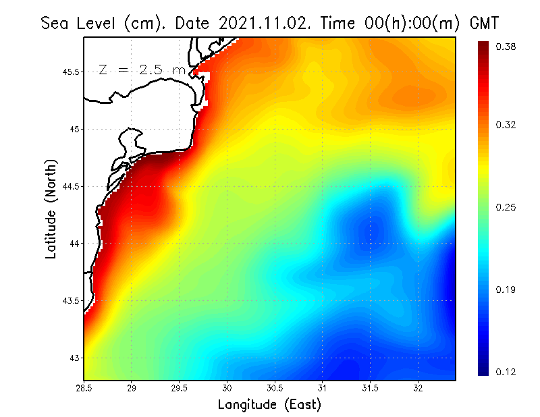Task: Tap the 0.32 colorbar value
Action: [506, 125]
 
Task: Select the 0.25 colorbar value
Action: [506, 207]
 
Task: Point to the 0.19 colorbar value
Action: [506, 289]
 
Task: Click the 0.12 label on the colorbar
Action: [506, 372]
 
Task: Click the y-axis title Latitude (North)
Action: [51, 208]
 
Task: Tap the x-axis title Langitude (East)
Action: [269, 405]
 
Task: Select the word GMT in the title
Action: [483, 24]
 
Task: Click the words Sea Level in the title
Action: [80, 24]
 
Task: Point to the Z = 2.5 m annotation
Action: [142, 69]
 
